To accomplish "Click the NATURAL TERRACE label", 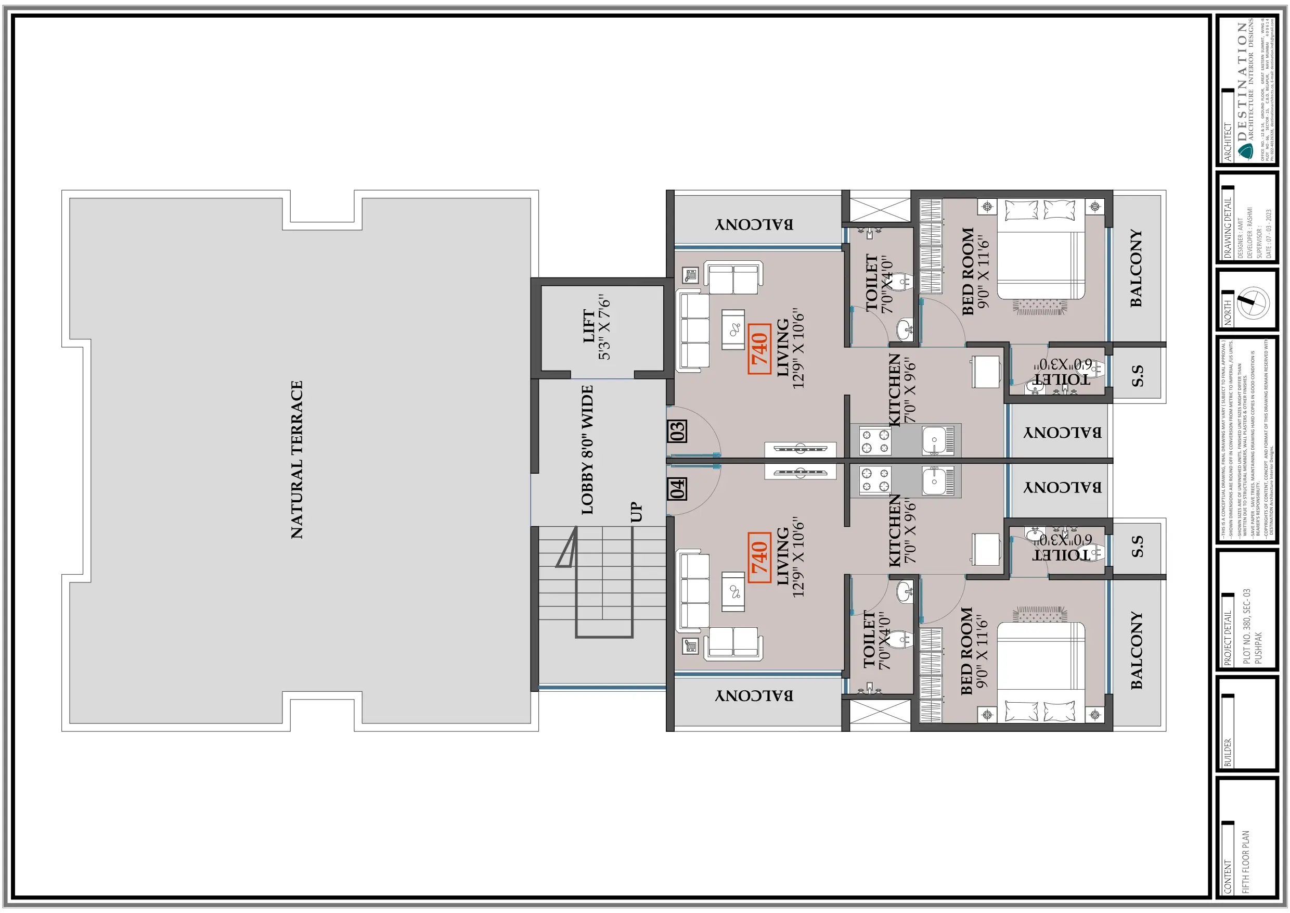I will point(296,460).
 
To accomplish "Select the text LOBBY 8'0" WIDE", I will point(587,450).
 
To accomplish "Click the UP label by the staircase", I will point(636,512).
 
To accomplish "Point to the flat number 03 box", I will point(678,431).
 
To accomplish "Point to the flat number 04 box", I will point(678,489).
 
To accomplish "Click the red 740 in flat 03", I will point(759,349).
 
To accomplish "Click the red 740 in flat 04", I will point(759,557).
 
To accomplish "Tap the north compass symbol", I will point(1254,303).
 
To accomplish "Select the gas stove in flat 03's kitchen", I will point(875,441).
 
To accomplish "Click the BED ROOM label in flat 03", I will point(967,271).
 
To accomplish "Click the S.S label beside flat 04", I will point(1137,547).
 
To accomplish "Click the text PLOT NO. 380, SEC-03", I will point(1247,626).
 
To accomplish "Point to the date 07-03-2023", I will point(1268,233).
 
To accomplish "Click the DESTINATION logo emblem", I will point(1246,151).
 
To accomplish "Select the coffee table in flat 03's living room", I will point(733,329).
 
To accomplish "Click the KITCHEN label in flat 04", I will point(895,529).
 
